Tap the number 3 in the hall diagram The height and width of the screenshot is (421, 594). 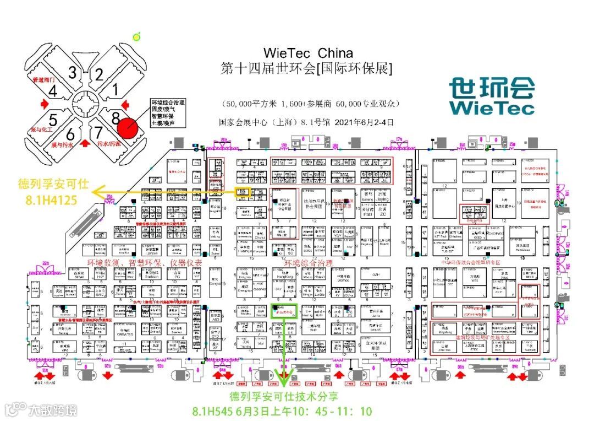tap(73, 72)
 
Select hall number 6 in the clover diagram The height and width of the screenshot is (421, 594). tap(70, 134)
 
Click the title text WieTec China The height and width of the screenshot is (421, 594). tap(308, 53)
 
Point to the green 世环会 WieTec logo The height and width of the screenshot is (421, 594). tap(491, 96)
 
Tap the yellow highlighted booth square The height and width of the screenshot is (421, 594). tap(243, 192)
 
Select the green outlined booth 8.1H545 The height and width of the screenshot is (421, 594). tap(285, 311)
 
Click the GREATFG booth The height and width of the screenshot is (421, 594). tap(125, 333)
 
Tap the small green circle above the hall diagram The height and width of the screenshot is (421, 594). tap(136, 37)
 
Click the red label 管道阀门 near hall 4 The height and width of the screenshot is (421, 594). tap(45, 80)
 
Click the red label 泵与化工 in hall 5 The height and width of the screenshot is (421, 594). tap(41, 130)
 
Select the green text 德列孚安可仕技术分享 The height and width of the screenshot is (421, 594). tap(283, 397)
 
